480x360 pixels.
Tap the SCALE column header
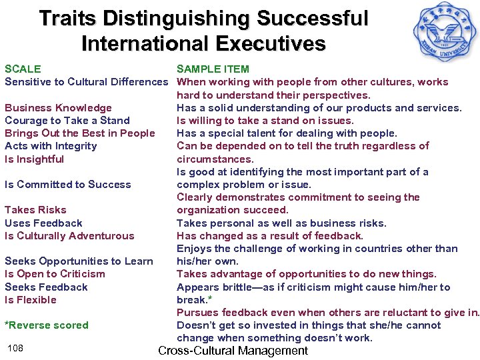click(23, 69)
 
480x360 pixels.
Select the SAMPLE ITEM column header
click(213, 69)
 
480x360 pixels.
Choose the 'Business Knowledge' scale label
click(58, 108)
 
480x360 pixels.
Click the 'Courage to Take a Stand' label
click(67, 121)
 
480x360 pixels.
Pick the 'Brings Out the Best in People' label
click(80, 133)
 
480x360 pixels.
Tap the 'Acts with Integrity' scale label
click(51, 146)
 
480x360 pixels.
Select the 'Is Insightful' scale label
click(35, 159)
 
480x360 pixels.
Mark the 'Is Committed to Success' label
click(68, 185)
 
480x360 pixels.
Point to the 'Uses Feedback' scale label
click(43, 223)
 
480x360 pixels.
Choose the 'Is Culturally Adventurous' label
click(69, 236)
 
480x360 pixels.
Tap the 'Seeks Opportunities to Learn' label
click(79, 261)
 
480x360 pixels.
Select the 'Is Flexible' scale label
click(31, 300)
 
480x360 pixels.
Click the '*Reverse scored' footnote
click(47, 325)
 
